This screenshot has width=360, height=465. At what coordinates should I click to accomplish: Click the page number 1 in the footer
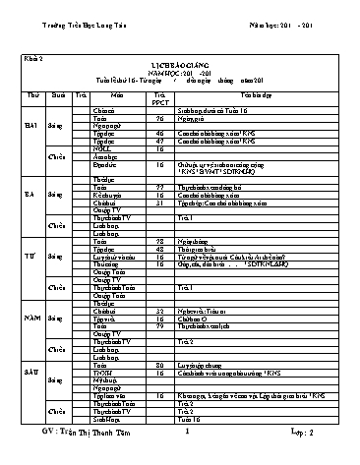point(185,457)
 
